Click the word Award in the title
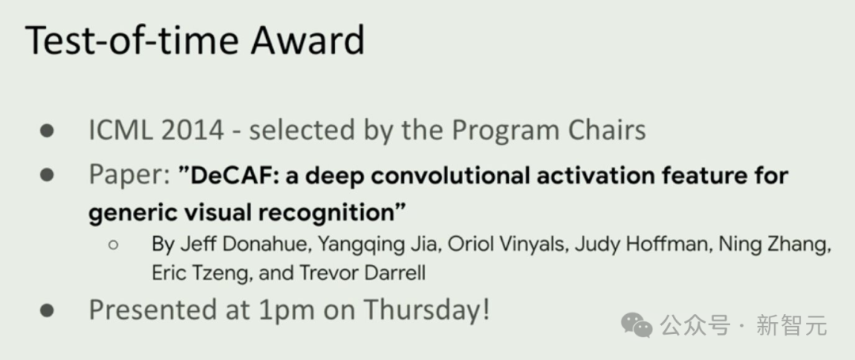(x=307, y=40)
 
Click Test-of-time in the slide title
(x=131, y=40)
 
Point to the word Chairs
(x=607, y=131)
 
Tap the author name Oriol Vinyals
(x=505, y=245)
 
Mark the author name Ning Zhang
(x=773, y=245)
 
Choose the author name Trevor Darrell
(x=362, y=272)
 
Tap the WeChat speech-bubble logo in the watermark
(x=636, y=325)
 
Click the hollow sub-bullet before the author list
(x=113, y=245)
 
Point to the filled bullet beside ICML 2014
(x=47, y=131)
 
